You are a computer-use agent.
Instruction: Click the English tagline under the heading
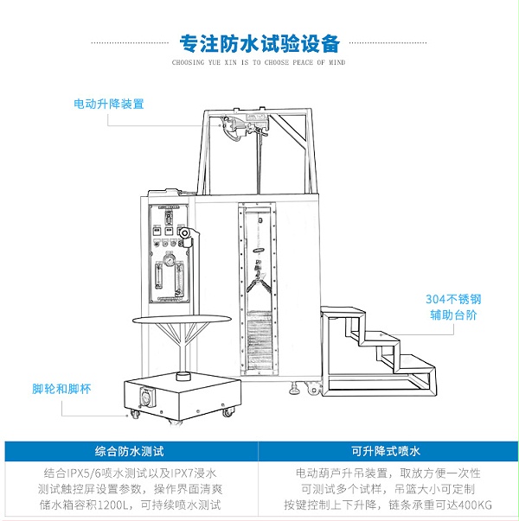259,63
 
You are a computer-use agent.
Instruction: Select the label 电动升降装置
109,104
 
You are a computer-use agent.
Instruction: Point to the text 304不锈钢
452,300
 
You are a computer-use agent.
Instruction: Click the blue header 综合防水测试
130,451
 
